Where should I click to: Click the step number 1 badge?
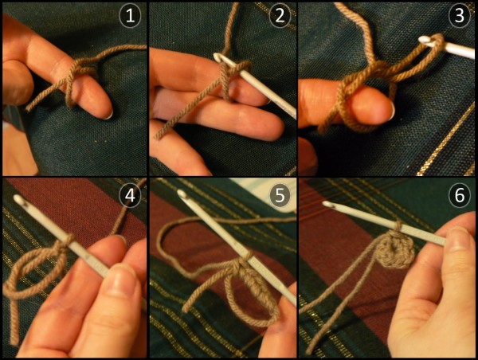coord(130,16)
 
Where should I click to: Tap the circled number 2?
coord(280,16)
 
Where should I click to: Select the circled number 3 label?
coord(460,16)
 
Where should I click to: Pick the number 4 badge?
coord(130,195)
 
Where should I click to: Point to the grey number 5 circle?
coord(280,195)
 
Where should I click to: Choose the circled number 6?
coord(460,195)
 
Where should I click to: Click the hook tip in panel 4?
coord(18,199)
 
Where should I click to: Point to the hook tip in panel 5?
coord(182,194)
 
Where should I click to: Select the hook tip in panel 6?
coord(327,204)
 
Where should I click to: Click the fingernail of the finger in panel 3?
coord(392,110)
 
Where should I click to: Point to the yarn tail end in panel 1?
coord(28,108)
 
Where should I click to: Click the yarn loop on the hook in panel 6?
coord(398,226)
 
